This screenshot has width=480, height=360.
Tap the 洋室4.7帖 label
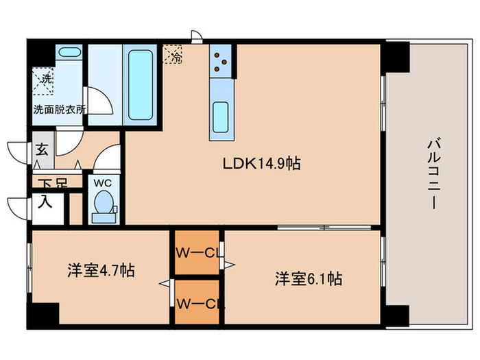tap(100, 270)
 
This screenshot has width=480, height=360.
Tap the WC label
tap(103, 183)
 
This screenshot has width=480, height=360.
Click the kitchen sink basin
tap(221, 117)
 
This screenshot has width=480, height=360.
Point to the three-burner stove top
tap(222, 61)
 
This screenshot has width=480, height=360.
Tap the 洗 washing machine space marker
tap(46, 81)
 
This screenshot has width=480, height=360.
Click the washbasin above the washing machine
tap(68, 52)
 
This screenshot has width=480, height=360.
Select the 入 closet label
tap(45, 202)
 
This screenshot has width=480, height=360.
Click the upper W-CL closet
tap(196, 252)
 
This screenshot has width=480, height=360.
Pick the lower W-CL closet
tap(196, 301)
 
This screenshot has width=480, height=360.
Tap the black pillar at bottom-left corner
tap(44, 313)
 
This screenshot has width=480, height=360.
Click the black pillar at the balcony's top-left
tap(395, 58)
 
